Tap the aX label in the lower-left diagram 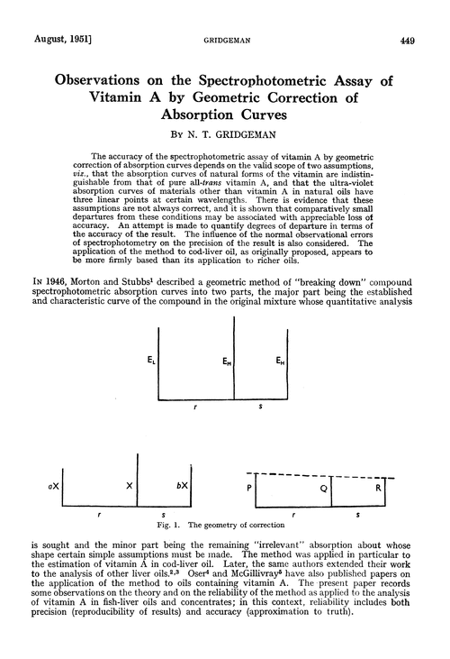pyautogui.click(x=55, y=484)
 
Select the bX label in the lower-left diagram pyautogui.click(x=182, y=484)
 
